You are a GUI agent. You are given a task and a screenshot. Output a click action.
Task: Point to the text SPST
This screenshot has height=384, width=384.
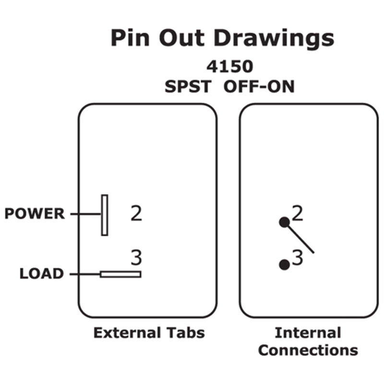pyautogui.click(x=188, y=87)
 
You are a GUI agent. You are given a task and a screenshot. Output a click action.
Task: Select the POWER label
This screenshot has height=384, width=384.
pyautogui.click(x=35, y=214)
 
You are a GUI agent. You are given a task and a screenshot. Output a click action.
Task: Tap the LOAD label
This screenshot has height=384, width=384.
pyautogui.click(x=42, y=274)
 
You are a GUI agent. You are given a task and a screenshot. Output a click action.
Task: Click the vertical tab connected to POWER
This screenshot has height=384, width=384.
pyautogui.click(x=105, y=215)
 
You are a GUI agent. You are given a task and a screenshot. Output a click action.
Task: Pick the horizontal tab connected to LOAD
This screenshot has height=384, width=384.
pyautogui.click(x=120, y=274)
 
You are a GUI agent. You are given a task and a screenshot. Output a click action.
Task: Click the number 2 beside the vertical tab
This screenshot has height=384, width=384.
pyautogui.click(x=137, y=214)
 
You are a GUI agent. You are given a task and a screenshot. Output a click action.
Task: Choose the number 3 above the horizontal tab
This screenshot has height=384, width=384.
pyautogui.click(x=137, y=258)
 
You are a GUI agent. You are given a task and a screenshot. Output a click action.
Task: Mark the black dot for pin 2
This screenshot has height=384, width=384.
pyautogui.click(x=285, y=222)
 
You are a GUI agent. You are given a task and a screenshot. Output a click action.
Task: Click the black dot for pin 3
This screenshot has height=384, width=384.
pyautogui.click(x=285, y=264)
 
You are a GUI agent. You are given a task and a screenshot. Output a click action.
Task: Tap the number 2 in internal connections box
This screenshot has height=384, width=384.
pyautogui.click(x=298, y=213)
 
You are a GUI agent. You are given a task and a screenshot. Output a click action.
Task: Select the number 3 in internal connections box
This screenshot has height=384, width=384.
pyautogui.click(x=298, y=258)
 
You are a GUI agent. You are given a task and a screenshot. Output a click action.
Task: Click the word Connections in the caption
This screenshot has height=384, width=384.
pyautogui.click(x=308, y=350)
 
